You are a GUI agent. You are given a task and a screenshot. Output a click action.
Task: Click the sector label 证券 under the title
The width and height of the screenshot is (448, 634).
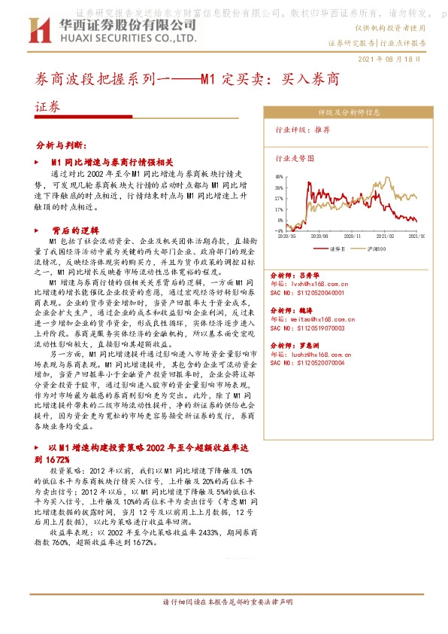47,107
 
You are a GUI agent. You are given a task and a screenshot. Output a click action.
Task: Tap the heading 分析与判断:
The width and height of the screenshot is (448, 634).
63,143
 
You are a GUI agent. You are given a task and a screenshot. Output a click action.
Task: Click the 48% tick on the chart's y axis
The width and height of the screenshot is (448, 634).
279,178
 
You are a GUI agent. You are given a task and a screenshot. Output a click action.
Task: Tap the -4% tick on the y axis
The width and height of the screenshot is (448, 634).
279,230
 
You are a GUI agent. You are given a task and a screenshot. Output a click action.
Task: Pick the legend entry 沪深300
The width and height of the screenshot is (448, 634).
376,248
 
